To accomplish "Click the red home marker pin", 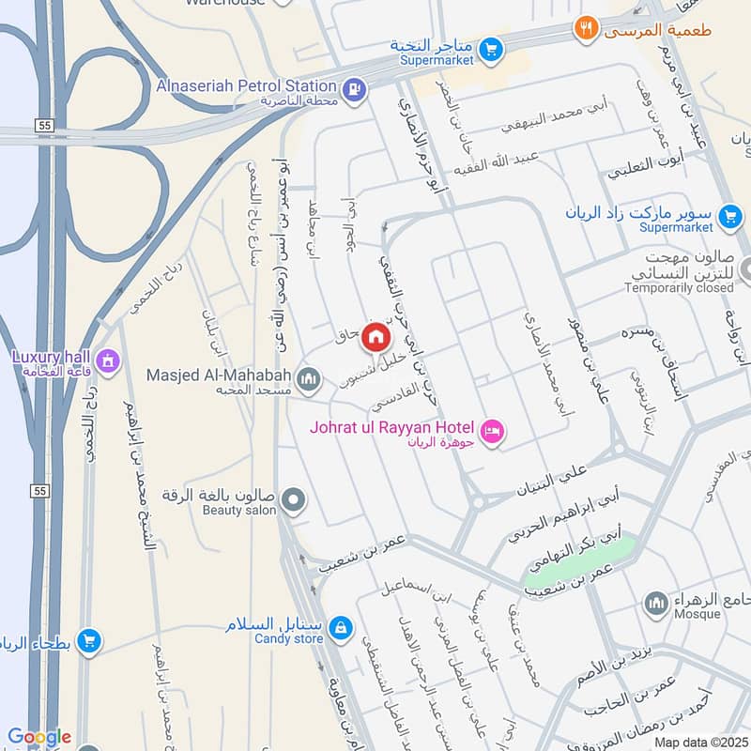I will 375,336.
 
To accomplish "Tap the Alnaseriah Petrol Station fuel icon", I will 353,89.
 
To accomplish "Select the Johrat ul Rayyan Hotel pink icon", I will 492,431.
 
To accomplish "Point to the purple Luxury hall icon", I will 108,360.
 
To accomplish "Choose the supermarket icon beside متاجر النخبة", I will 490,48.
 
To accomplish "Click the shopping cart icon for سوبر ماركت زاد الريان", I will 728,217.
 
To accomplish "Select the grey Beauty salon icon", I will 294,499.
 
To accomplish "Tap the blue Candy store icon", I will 341,625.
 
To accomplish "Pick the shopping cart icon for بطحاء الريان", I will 89,640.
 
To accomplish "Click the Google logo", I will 38,737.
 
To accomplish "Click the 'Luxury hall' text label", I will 49,357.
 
